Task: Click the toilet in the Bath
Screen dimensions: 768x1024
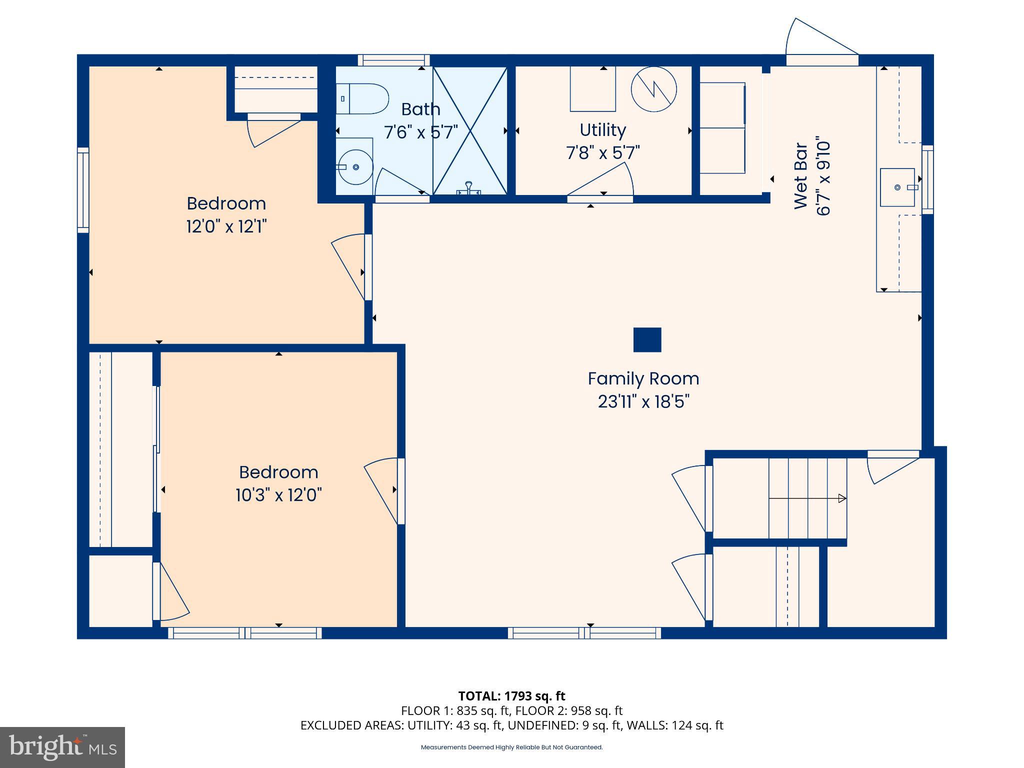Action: click(363, 98)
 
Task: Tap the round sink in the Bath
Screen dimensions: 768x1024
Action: click(355, 167)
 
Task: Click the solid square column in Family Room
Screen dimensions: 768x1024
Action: click(647, 340)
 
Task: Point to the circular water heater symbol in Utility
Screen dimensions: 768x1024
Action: click(653, 89)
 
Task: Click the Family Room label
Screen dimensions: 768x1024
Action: click(643, 378)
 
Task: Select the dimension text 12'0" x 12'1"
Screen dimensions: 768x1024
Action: click(226, 226)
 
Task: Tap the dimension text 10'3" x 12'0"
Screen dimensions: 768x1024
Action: click(278, 495)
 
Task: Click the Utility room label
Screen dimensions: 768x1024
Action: click(602, 130)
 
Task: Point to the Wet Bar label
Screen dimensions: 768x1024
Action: click(801, 176)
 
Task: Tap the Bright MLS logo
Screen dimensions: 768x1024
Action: click(62, 747)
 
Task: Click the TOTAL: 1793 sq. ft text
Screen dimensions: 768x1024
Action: click(511, 695)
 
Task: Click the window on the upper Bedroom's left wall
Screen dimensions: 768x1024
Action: click(83, 190)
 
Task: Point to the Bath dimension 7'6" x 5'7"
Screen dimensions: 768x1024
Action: click(420, 132)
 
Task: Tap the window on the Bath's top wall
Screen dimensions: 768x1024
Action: click(393, 60)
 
